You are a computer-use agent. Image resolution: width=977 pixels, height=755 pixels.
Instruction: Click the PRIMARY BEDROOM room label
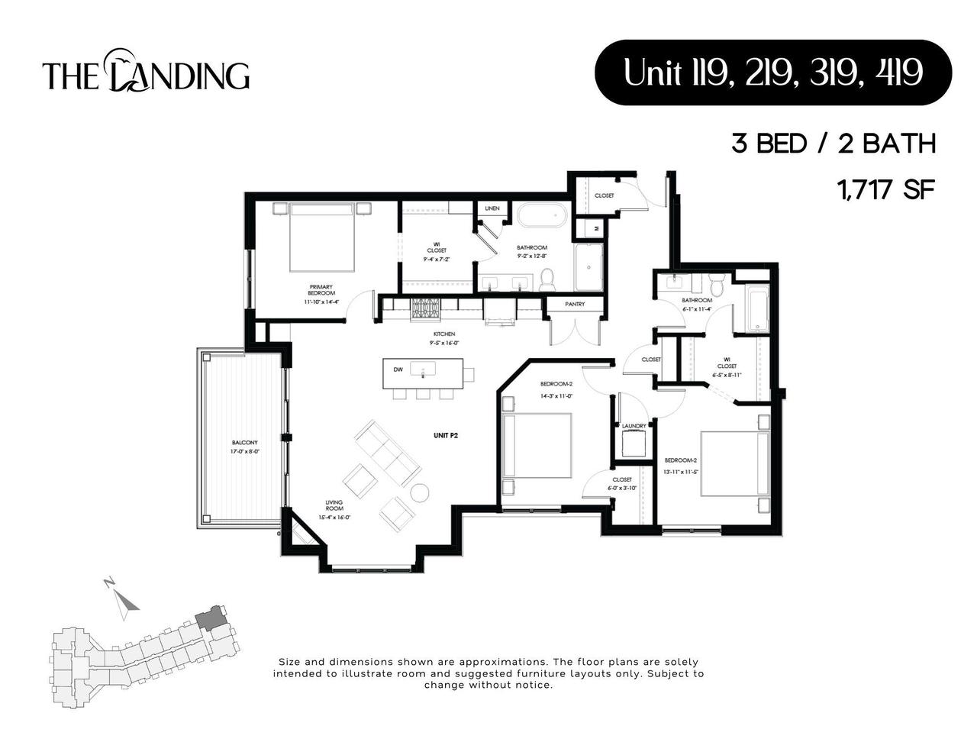[x=321, y=290]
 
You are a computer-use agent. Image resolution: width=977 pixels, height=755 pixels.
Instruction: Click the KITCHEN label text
[x=444, y=334]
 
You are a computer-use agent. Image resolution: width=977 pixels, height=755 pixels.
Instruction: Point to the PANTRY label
[x=575, y=304]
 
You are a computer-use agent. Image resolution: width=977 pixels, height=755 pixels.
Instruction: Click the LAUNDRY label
[x=634, y=426]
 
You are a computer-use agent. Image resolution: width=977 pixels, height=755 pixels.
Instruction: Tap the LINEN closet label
[x=492, y=208]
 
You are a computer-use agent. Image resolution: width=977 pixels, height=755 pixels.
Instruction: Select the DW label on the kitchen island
[x=398, y=370]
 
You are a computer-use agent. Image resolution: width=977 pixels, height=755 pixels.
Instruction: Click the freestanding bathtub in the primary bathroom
[x=541, y=215]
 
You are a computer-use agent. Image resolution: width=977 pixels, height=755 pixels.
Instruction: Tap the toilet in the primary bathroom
[x=547, y=279]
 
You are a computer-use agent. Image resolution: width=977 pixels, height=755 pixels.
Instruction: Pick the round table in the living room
[x=420, y=492]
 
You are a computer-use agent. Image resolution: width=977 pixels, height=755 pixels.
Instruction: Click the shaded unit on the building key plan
[x=209, y=618]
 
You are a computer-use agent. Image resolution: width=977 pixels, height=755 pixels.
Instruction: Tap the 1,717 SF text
[x=886, y=189]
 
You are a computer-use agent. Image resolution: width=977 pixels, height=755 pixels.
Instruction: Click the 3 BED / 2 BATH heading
[x=834, y=144]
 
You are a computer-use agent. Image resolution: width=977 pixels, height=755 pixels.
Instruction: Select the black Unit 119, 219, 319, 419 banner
[x=772, y=73]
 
